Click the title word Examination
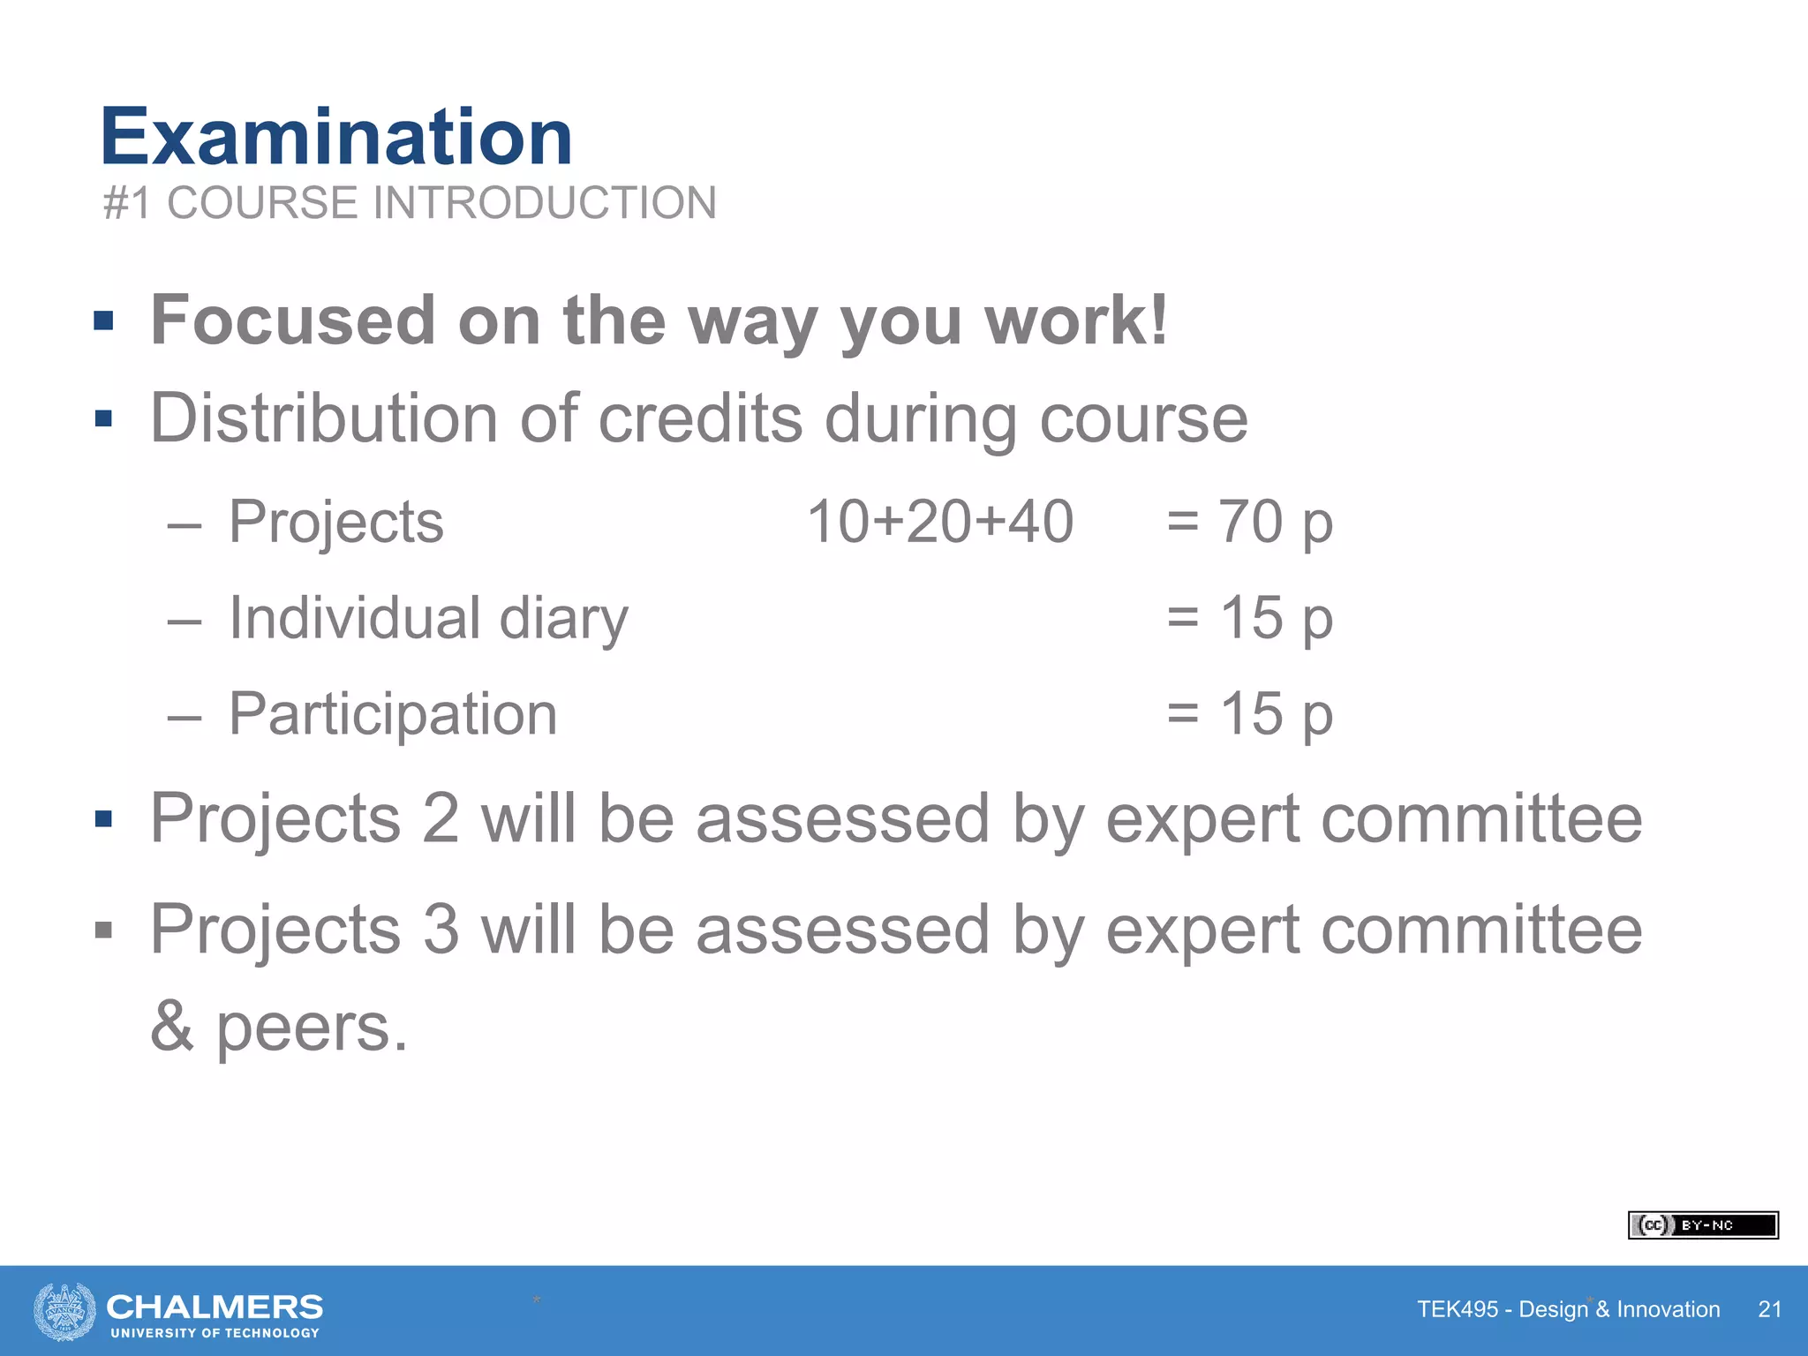[336, 138]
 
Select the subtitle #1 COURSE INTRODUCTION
[410, 203]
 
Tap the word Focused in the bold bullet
[292, 320]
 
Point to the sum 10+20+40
[940, 522]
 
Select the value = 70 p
[1249, 522]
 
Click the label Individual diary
[428, 617]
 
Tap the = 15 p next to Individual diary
[1249, 617]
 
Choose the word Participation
[393, 713]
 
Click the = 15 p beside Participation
[1249, 713]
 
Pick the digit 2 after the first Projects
[441, 818]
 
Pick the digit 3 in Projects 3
[441, 930]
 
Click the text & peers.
[279, 1027]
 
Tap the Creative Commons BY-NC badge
[1703, 1225]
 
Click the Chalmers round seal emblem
[64, 1311]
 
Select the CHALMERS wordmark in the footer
[215, 1307]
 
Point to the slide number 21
[1769, 1309]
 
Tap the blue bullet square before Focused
[103, 320]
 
